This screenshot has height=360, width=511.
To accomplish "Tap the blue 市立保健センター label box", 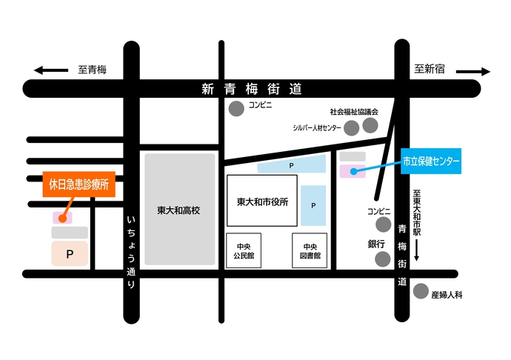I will click(431, 161).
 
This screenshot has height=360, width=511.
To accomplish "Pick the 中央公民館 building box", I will click(244, 251).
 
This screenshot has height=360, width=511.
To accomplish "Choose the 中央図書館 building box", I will click(310, 251).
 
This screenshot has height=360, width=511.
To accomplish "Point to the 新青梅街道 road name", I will click(252, 89).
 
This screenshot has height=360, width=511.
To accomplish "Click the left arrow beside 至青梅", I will click(50, 71).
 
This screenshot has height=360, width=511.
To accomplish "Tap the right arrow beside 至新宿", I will click(473, 72).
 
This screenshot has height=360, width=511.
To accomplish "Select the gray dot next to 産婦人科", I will click(421, 291).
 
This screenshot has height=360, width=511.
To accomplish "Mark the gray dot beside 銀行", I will click(382, 259).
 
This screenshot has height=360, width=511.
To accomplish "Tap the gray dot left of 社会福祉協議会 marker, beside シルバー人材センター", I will click(351, 127).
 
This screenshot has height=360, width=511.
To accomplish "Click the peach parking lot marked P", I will click(70, 254).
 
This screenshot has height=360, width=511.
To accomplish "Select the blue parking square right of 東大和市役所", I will click(313, 205).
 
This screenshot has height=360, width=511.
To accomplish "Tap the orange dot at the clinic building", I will click(62, 218).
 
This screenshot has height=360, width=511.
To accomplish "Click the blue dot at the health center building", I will click(353, 172).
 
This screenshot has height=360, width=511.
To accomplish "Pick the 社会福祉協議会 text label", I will click(354, 111).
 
